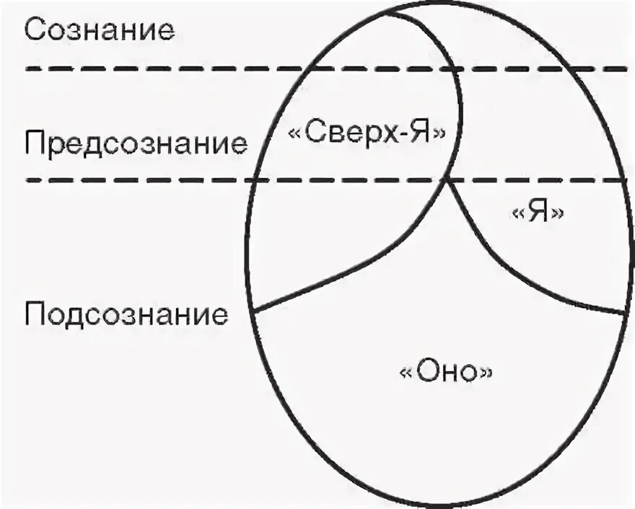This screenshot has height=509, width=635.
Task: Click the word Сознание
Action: coord(99,30)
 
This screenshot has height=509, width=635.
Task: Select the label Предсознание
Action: coord(135,142)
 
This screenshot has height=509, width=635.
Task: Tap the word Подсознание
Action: coord(126,314)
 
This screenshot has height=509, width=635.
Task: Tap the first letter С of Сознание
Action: coord(35,30)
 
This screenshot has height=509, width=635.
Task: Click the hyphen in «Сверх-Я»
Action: coord(394,133)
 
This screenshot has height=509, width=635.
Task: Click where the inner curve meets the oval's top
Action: coord(395,9)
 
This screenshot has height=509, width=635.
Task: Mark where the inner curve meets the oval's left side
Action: coord(255,311)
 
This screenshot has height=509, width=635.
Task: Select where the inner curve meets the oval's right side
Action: coord(624,314)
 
